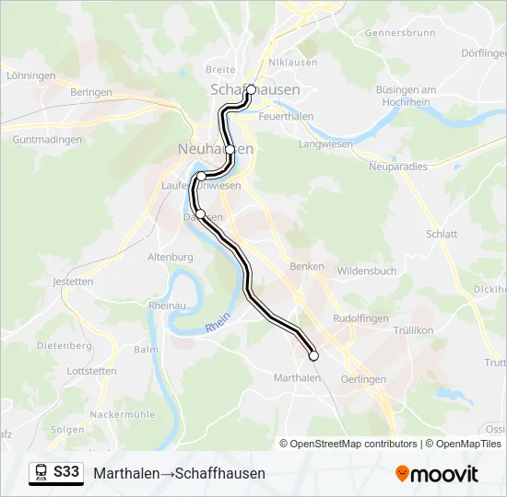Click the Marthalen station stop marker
(x=313, y=355)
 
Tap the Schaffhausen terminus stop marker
(x=251, y=90)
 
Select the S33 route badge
(x=66, y=472)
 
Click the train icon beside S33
(x=41, y=472)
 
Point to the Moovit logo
(x=437, y=474)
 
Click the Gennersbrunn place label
(x=400, y=32)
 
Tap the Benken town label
(x=307, y=266)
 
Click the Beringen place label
(x=91, y=92)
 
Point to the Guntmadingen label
(x=47, y=140)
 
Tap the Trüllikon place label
(x=413, y=329)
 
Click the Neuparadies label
(x=397, y=166)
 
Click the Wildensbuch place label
(x=367, y=272)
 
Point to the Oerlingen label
(x=363, y=379)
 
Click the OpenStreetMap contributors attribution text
(x=348, y=444)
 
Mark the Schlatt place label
(x=442, y=234)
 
